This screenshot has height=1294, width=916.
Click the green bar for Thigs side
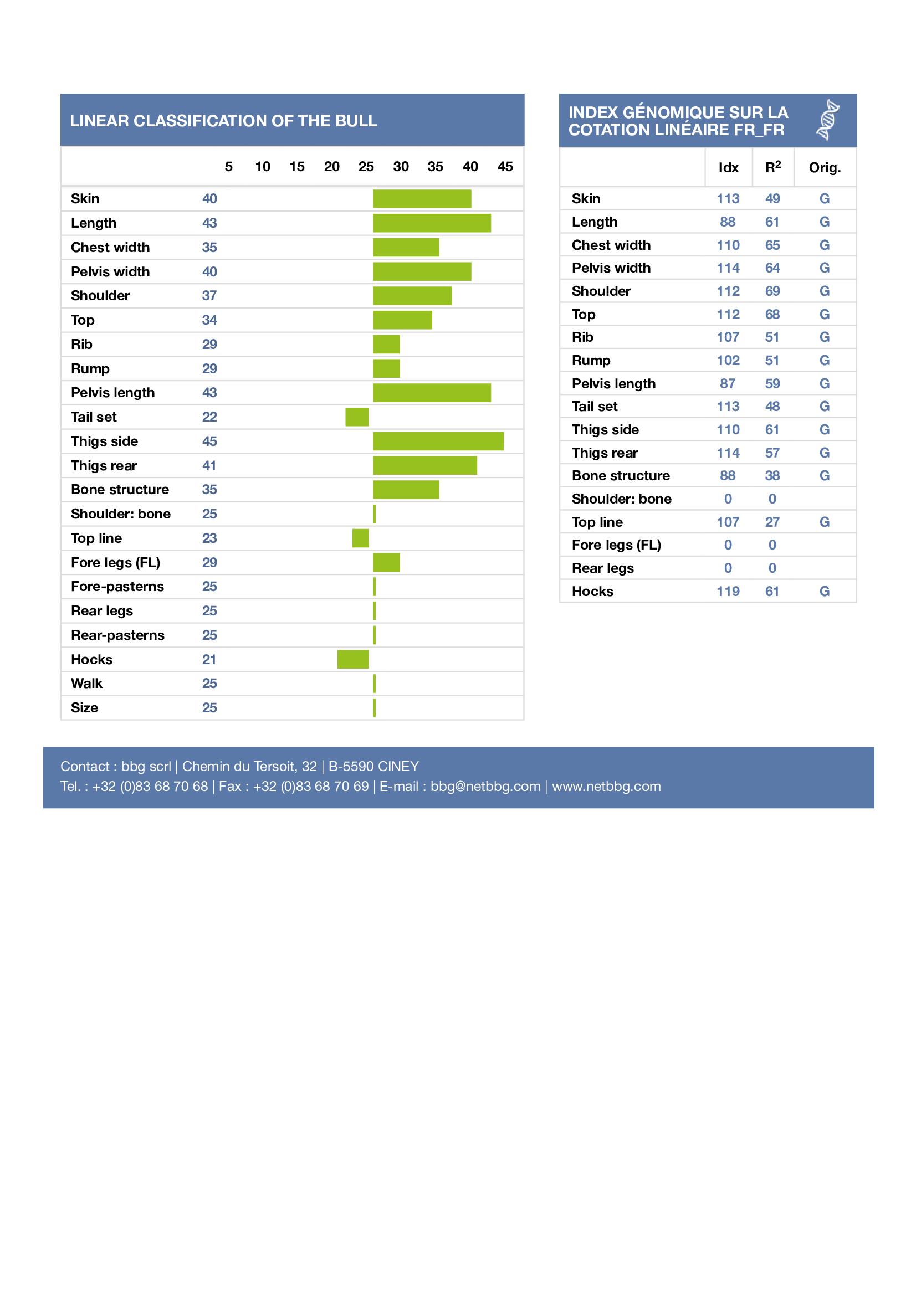(x=438, y=441)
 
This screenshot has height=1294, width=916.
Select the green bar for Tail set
(x=357, y=417)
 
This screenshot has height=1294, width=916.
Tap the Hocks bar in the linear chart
(x=353, y=660)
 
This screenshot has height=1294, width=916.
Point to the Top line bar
(x=360, y=538)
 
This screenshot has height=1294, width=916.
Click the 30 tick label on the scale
(x=401, y=167)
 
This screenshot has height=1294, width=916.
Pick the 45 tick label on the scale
(x=505, y=167)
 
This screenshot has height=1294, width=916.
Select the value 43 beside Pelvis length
(x=210, y=393)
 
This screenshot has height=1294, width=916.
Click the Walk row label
(x=87, y=684)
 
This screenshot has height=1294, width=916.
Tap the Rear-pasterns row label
(x=118, y=635)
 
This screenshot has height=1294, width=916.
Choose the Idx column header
(x=728, y=168)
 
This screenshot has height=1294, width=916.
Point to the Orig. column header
(x=825, y=168)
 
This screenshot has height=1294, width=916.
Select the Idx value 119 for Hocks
(x=728, y=592)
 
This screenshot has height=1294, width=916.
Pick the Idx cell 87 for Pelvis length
(x=728, y=384)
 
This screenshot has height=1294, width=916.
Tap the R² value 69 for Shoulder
(x=772, y=291)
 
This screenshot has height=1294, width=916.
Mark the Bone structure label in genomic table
(x=621, y=476)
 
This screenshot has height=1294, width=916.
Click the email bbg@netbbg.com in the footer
(x=485, y=787)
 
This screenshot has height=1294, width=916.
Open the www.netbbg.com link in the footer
(x=606, y=787)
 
